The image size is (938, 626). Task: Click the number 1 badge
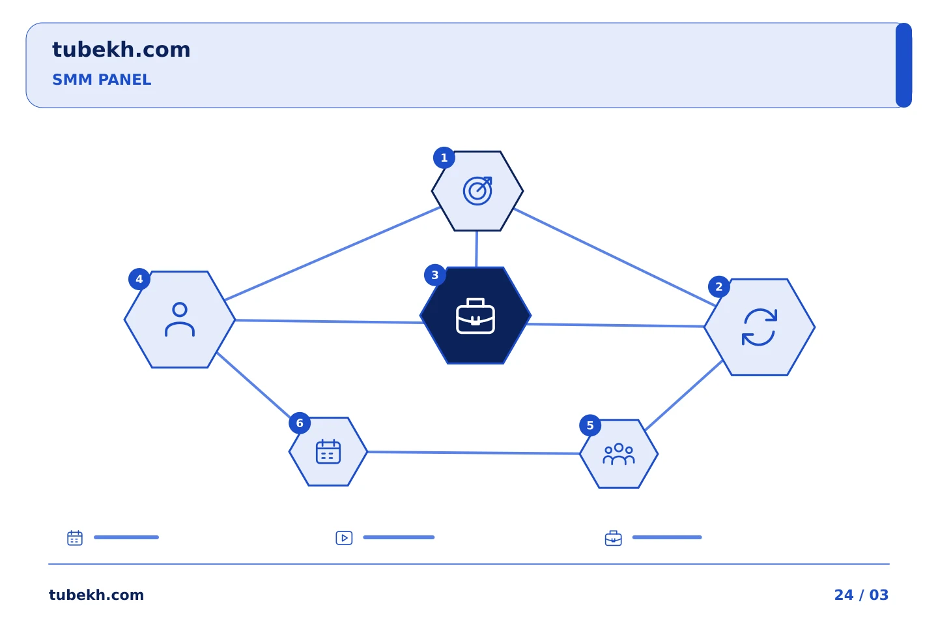[x=444, y=158]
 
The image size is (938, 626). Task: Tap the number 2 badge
[x=718, y=287]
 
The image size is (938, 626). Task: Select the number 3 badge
[x=434, y=275]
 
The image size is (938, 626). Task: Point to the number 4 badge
[x=139, y=279]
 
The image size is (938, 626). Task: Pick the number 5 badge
[x=590, y=426]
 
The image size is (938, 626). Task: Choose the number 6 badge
[x=300, y=423]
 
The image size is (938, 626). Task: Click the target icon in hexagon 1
[x=477, y=191]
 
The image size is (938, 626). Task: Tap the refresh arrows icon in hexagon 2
[x=760, y=327]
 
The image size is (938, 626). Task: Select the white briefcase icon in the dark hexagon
[x=476, y=316]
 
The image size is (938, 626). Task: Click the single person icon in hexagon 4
[x=180, y=320]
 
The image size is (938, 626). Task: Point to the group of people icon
[x=619, y=454]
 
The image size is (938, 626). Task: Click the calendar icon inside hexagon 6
[x=328, y=452]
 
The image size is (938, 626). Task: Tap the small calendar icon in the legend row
[x=75, y=537]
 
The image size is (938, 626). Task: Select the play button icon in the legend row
[x=344, y=538]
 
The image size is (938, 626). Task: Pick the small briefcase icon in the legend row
[x=613, y=538]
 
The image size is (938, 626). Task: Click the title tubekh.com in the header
[x=121, y=50]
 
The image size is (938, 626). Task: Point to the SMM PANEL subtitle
[x=102, y=80]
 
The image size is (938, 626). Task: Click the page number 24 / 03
[x=861, y=595]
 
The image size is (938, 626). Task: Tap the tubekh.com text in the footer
[x=96, y=595]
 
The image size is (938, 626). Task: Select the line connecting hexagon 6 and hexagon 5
[x=474, y=453]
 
